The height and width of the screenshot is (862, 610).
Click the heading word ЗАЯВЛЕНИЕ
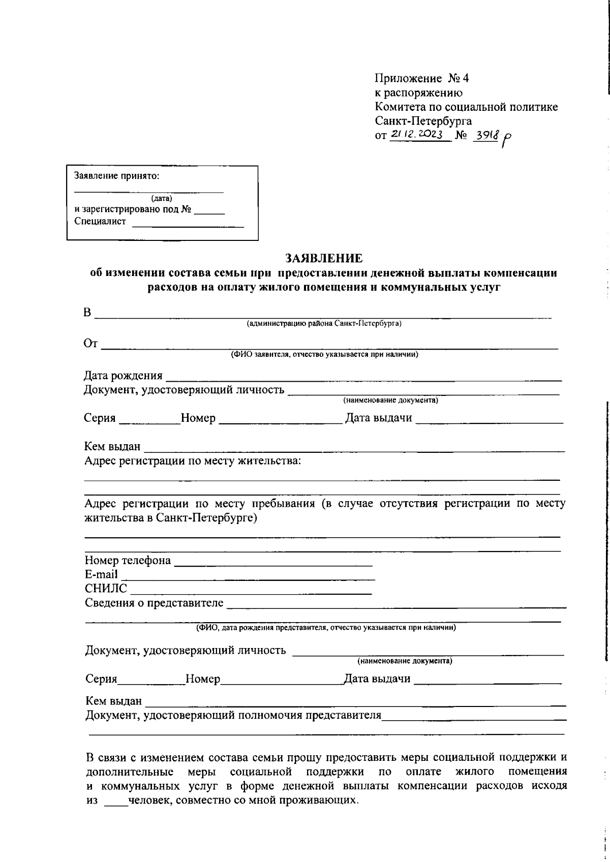click(x=324, y=258)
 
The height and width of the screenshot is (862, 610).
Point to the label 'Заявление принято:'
click(x=116, y=176)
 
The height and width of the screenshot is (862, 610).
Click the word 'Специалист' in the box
click(x=100, y=221)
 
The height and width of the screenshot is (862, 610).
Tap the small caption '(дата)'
click(x=162, y=198)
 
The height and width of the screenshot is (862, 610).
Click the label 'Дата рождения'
click(x=123, y=376)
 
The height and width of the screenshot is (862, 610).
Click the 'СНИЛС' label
click(x=106, y=589)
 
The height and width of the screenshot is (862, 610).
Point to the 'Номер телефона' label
click(x=128, y=561)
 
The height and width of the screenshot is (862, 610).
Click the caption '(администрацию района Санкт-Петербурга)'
click(x=324, y=324)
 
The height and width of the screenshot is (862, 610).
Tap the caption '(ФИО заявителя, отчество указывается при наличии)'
click(x=324, y=354)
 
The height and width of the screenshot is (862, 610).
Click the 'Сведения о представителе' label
click(x=154, y=603)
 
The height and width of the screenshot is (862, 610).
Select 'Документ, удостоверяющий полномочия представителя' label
click(x=233, y=716)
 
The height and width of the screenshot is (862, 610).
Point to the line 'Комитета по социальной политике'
click(x=466, y=107)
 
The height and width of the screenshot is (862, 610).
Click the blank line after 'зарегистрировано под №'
click(x=209, y=210)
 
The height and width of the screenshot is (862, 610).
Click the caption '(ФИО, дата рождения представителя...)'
click(x=326, y=628)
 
